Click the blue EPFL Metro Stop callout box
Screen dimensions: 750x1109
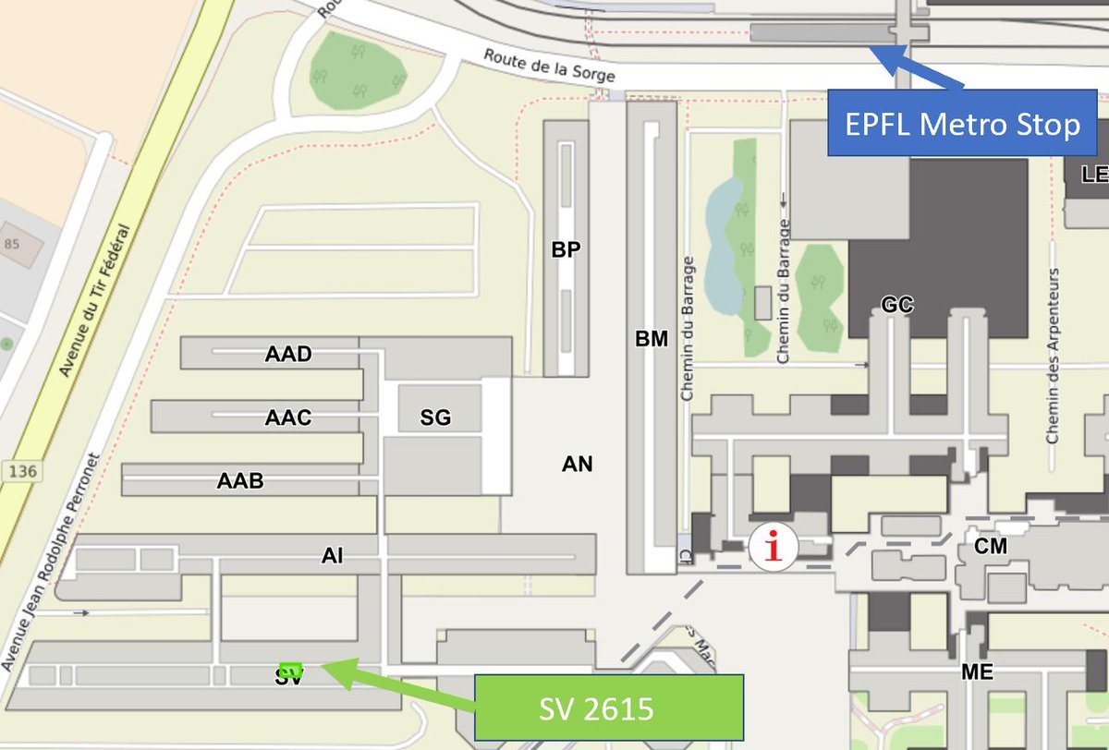(961, 123)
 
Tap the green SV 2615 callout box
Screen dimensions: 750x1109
(608, 708)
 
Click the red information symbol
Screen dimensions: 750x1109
(773, 546)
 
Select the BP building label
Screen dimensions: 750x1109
(566, 250)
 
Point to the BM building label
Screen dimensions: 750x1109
(652, 340)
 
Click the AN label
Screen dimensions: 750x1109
(577, 465)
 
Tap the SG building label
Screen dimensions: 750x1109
(435, 417)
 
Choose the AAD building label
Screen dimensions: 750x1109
(288, 355)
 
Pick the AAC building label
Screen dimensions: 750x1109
(288, 417)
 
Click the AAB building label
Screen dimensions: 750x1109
(240, 480)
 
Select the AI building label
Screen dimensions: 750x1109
(333, 555)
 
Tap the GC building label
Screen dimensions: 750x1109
(897, 305)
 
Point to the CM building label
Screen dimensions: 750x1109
(990, 547)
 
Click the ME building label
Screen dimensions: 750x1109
(977, 672)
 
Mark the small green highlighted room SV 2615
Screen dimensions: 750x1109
(290, 669)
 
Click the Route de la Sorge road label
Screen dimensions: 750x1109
(549, 66)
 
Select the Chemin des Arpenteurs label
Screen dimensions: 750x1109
(1052, 356)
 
